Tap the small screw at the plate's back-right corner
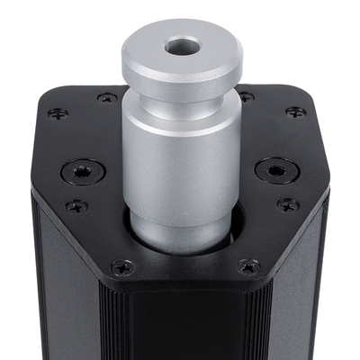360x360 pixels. click(x=294, y=112)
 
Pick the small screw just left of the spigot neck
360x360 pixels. click(x=107, y=97)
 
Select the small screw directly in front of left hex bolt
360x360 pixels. click(x=76, y=205)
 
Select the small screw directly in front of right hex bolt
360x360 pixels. click(x=286, y=204)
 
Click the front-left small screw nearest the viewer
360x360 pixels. click(x=122, y=266)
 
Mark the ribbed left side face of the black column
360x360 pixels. click(x=63, y=288)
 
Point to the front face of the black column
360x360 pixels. click(x=184, y=328)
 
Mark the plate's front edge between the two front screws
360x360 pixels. click(x=184, y=286)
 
